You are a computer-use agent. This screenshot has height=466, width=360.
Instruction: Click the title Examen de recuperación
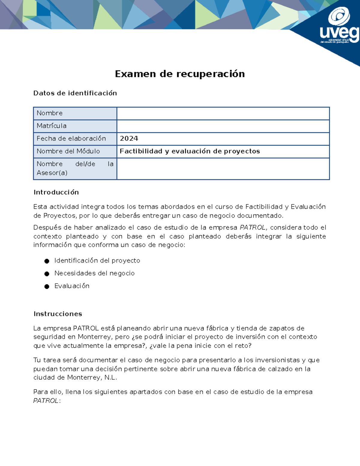tap(180, 74)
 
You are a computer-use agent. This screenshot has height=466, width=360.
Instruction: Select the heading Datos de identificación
tap(75, 93)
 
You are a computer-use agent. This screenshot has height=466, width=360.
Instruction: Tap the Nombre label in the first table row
tap(49, 113)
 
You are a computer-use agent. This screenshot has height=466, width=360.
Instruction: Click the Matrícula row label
tap(51, 126)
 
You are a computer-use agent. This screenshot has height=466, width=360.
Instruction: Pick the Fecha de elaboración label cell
tap(71, 138)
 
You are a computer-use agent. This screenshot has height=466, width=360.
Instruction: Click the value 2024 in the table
tap(129, 138)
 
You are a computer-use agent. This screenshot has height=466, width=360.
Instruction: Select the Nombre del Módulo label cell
tap(68, 151)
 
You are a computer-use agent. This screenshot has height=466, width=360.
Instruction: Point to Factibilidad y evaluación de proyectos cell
tap(190, 151)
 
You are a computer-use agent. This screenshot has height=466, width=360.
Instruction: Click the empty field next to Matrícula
tap(223, 126)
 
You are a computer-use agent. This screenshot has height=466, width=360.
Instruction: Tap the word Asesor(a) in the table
tap(52, 173)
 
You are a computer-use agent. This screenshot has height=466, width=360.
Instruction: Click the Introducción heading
tap(56, 192)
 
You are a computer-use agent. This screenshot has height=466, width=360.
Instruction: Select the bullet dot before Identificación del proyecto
tap(47, 261)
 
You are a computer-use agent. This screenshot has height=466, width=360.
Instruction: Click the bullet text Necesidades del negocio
tap(94, 273)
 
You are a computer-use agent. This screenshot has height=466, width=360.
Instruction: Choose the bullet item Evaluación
tap(72, 286)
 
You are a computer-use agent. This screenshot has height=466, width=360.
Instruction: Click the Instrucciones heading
tap(58, 314)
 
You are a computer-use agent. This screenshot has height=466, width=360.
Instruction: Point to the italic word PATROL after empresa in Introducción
tap(252, 227)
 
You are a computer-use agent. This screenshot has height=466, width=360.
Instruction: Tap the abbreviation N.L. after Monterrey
tap(110, 377)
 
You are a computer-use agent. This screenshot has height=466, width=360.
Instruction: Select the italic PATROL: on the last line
tap(47, 401)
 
